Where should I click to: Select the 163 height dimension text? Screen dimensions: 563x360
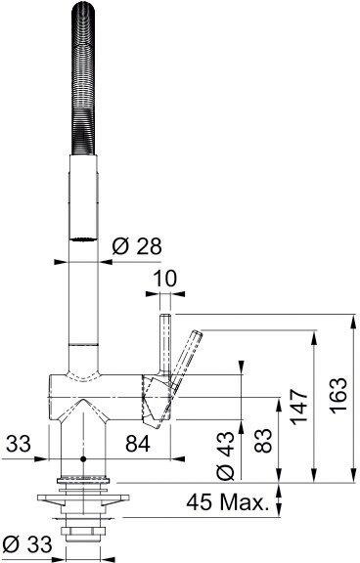click(x=338, y=398)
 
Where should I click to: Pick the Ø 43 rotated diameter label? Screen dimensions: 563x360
click(x=225, y=456)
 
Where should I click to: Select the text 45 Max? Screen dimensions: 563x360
click(x=228, y=504)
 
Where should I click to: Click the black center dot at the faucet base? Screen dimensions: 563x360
click(x=83, y=457)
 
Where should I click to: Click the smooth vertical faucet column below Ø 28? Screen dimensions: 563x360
click(x=83, y=303)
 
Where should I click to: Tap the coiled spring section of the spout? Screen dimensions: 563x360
click(x=83, y=88)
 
